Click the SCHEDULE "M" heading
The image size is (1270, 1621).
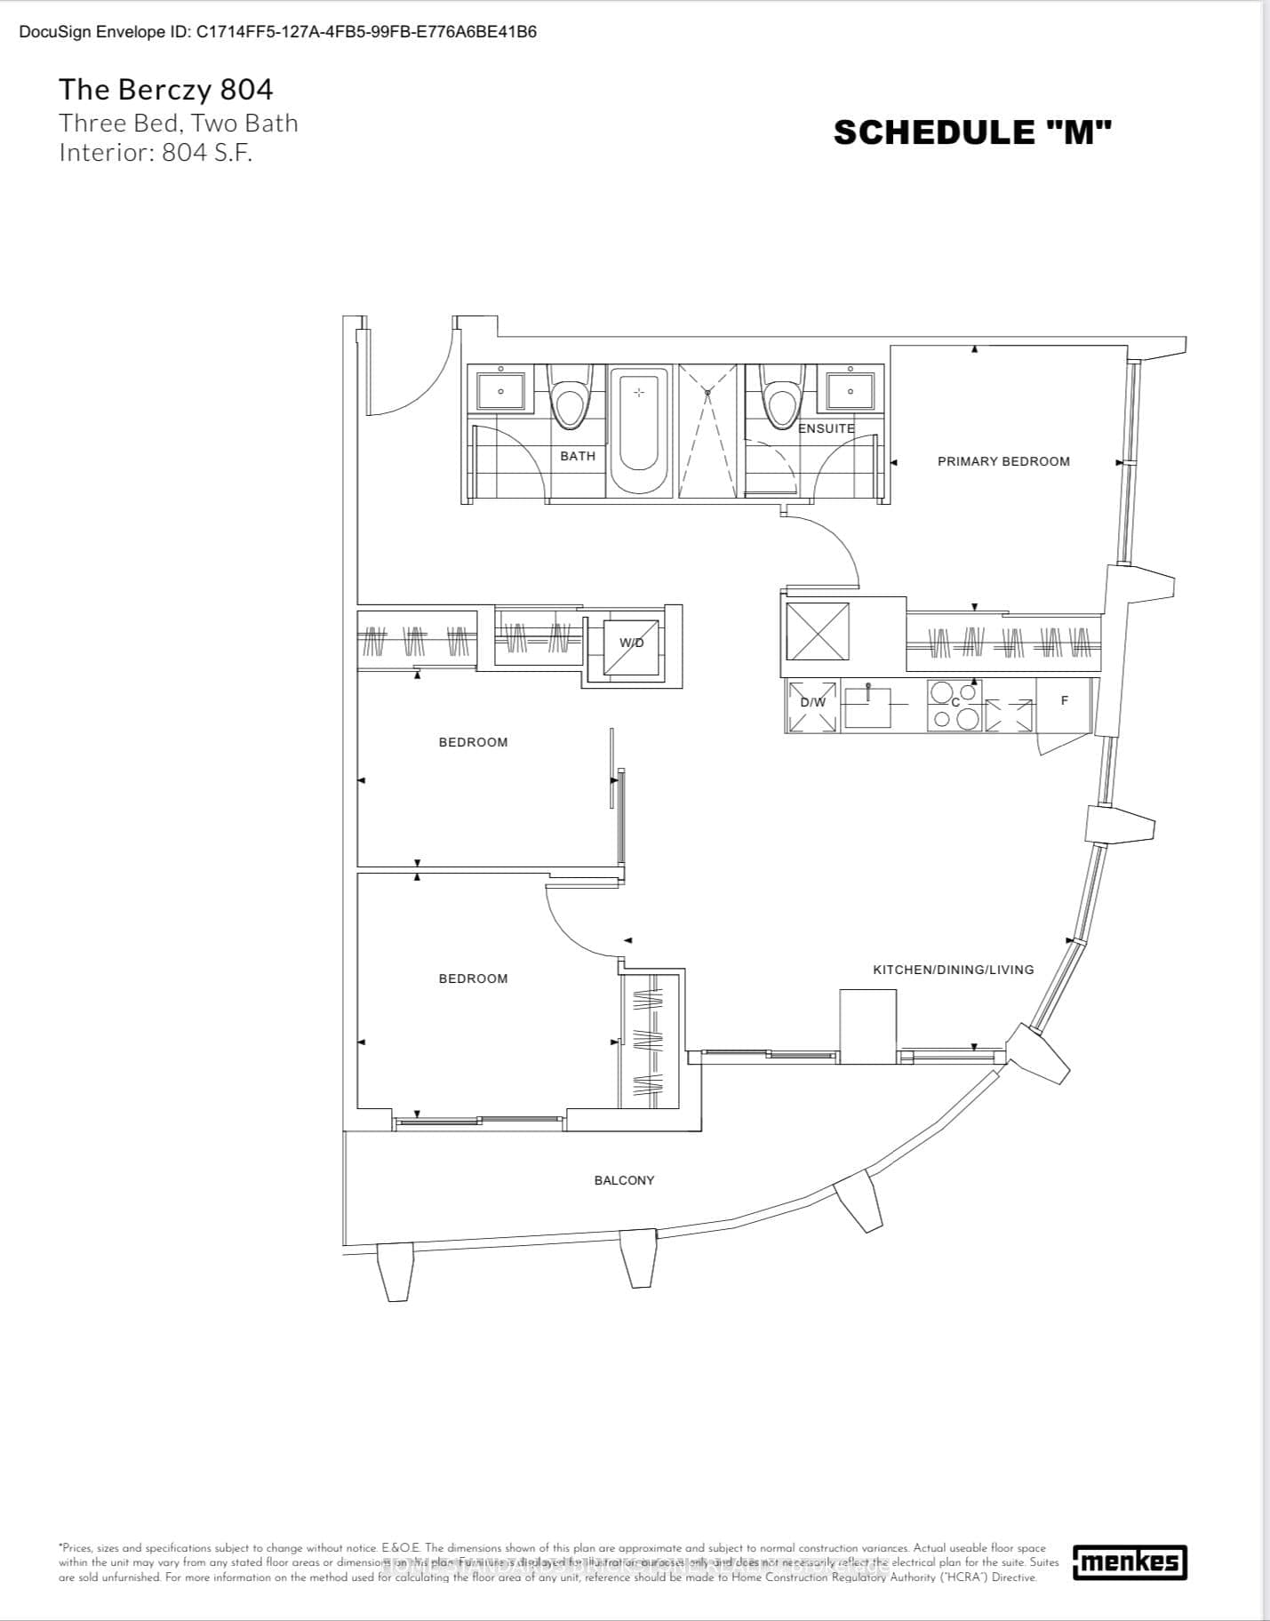(972, 132)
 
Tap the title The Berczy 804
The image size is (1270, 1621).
(166, 90)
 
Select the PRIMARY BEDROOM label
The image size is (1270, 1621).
(1003, 461)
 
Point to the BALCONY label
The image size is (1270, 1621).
(624, 1180)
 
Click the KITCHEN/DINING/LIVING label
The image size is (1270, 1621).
(953, 970)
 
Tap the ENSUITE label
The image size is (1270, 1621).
(826, 428)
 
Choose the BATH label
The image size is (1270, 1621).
(578, 456)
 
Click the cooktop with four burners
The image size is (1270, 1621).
(954, 706)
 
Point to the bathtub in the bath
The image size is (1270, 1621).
(638, 419)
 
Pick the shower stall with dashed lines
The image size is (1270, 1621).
(707, 431)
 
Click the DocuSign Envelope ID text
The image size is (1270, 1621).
(277, 32)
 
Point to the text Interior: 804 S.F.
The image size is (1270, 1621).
(156, 153)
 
